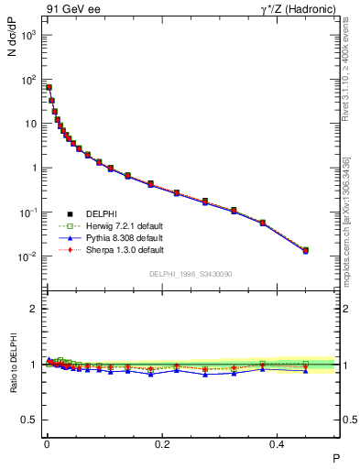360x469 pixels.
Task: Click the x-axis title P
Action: pos(335,458)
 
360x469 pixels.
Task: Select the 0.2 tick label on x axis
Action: pos(163,444)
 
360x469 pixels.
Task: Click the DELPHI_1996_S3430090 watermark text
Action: pos(190,275)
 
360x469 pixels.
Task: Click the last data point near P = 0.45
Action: pos(306,250)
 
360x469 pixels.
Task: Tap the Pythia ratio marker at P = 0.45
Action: pos(306,370)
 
